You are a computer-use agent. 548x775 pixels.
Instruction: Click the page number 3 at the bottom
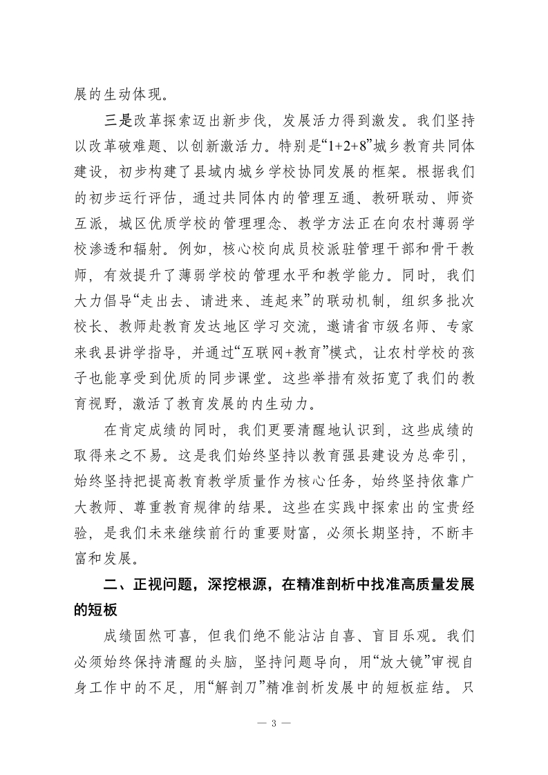pyautogui.click(x=274, y=723)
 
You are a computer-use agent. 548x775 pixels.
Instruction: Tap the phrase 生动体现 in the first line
pyautogui.click(x=130, y=93)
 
